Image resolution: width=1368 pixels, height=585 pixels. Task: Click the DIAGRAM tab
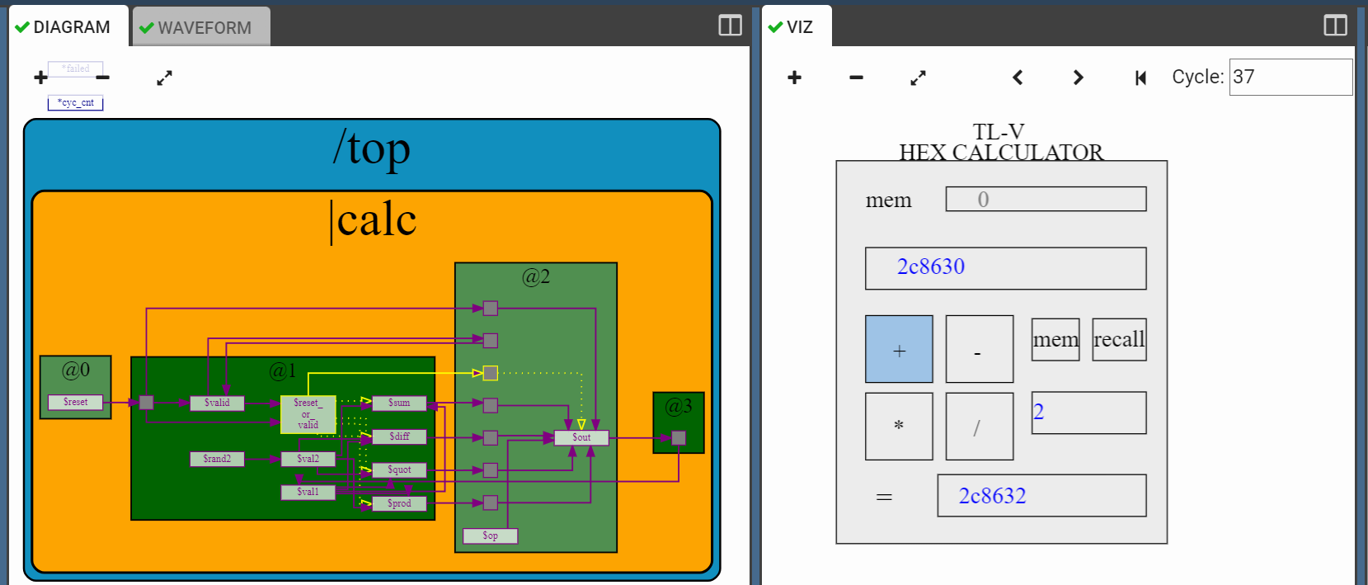[x=63, y=27]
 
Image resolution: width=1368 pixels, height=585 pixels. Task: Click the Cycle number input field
[x=1290, y=77]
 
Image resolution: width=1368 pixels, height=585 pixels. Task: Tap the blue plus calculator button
[x=899, y=349]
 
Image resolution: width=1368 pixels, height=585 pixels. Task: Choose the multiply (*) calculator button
[x=899, y=426]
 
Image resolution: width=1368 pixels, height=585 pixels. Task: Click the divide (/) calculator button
[x=979, y=426]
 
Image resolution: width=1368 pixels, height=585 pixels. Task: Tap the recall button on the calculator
[x=1119, y=339]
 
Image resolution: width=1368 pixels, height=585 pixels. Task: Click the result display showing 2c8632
[x=1041, y=495]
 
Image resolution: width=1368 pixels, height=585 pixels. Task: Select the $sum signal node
[x=399, y=403]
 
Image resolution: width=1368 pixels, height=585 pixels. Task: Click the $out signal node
[x=581, y=437]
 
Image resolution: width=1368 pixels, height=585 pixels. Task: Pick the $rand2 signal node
[x=217, y=459]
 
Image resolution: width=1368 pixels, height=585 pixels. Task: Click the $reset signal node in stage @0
[x=75, y=402]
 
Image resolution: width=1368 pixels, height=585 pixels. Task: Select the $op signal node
[x=490, y=535]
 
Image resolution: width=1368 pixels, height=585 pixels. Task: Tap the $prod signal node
[x=399, y=503]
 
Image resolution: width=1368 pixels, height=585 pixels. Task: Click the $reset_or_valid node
[x=308, y=414]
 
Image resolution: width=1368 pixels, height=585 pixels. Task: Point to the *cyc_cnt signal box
[x=75, y=103]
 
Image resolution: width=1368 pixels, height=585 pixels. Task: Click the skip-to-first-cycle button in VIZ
[x=1140, y=78]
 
